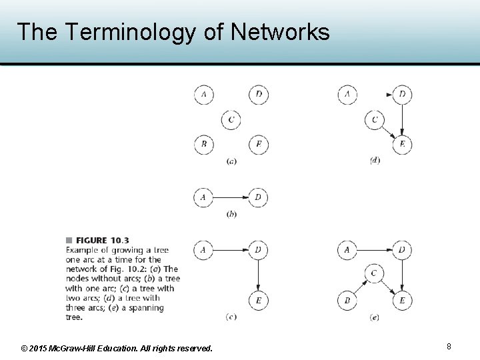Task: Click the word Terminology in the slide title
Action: pyautogui.click(x=130, y=31)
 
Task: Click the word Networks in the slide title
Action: pyautogui.click(x=280, y=31)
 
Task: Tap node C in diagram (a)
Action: pyautogui.click(x=231, y=119)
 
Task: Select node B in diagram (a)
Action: pyautogui.click(x=203, y=144)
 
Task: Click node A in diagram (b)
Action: pyautogui.click(x=203, y=197)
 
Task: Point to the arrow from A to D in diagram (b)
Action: pyautogui.click(x=231, y=197)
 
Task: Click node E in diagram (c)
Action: pyautogui.click(x=259, y=301)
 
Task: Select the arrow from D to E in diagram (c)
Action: pyautogui.click(x=259, y=275)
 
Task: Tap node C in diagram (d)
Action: pyautogui.click(x=375, y=120)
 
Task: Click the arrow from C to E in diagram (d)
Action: pyautogui.click(x=388, y=132)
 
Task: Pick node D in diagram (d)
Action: pyautogui.click(x=402, y=95)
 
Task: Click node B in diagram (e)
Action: pyautogui.click(x=347, y=301)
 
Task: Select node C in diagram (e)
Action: pyautogui.click(x=374, y=274)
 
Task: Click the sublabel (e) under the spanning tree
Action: pyautogui.click(x=374, y=317)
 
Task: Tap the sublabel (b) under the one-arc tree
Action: pyautogui.click(x=231, y=214)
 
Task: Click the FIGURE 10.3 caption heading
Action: pyautogui.click(x=101, y=240)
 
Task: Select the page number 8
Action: pyautogui.click(x=449, y=347)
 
